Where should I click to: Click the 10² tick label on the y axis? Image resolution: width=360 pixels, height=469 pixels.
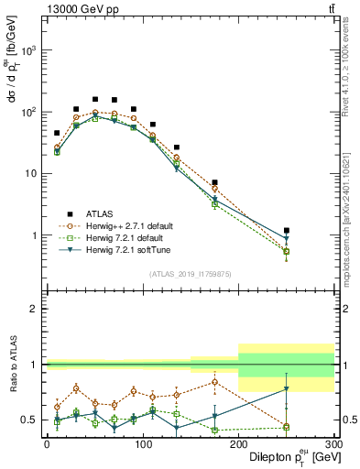click(x=29, y=113)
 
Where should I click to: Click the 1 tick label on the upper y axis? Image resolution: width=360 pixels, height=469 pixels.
click(x=34, y=236)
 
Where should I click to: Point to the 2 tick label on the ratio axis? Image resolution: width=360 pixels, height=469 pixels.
click(x=34, y=310)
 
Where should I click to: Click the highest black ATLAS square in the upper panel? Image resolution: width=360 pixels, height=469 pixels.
click(x=95, y=99)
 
